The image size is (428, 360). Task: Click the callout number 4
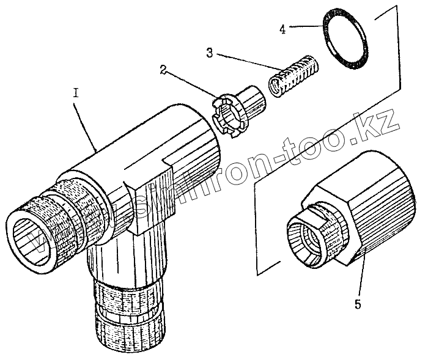282,28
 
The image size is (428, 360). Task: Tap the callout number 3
210,53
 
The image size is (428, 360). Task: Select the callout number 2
163,69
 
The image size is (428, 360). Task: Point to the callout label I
76,94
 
